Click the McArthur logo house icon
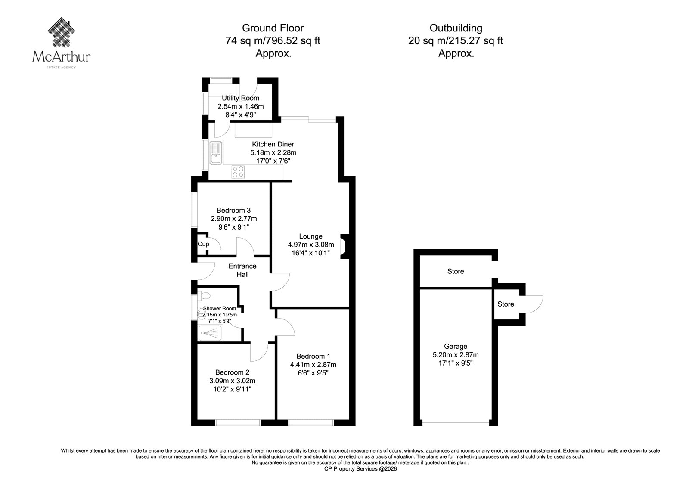tap(62, 32)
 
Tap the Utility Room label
tap(241, 98)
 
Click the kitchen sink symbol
tap(216, 153)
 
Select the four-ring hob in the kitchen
tap(238, 172)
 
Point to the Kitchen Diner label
tap(273, 144)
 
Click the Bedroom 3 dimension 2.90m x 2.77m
tap(234, 219)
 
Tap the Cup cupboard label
tap(203, 244)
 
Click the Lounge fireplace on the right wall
tap(344, 246)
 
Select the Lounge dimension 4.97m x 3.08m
tap(311, 245)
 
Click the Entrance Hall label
tap(242, 270)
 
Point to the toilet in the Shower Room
tap(204, 296)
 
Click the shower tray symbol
tap(210, 333)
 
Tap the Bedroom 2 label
tap(232, 372)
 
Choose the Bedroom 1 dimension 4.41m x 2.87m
tap(313, 365)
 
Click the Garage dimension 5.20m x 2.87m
tap(456, 355)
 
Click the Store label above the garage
tap(456, 271)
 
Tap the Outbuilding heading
tap(456, 28)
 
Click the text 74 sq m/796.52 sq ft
tap(273, 40)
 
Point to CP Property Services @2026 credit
tap(360, 469)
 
